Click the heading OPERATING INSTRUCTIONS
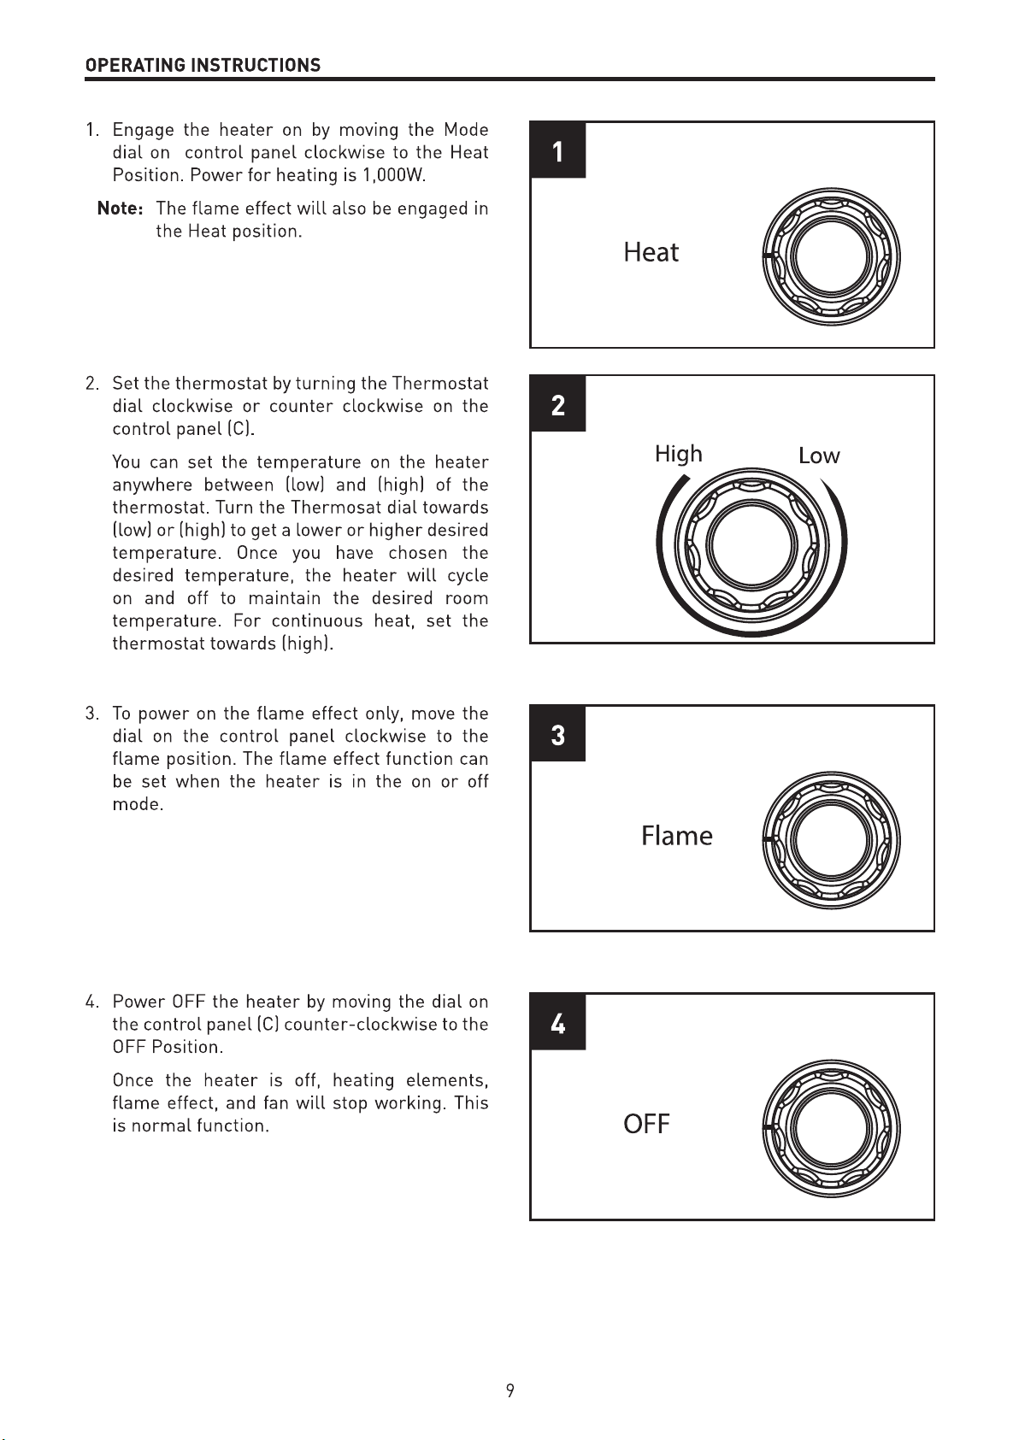pyautogui.click(x=203, y=65)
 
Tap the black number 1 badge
pyautogui.click(x=558, y=150)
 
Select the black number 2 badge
pyautogui.click(x=558, y=403)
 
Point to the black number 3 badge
pyautogui.click(x=558, y=733)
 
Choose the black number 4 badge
pyautogui.click(x=558, y=1022)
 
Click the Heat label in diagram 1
pyautogui.click(x=651, y=252)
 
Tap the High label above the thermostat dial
pyautogui.click(x=678, y=454)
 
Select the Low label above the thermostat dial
pyautogui.click(x=819, y=456)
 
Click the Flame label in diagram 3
pyautogui.click(x=676, y=836)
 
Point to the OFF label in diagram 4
pyautogui.click(x=646, y=1124)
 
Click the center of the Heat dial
pyautogui.click(x=831, y=256)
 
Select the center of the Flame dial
pyautogui.click(x=831, y=840)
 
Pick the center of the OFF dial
pyautogui.click(x=831, y=1128)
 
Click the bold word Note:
pyautogui.click(x=121, y=209)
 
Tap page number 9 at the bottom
pyautogui.click(x=509, y=1390)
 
